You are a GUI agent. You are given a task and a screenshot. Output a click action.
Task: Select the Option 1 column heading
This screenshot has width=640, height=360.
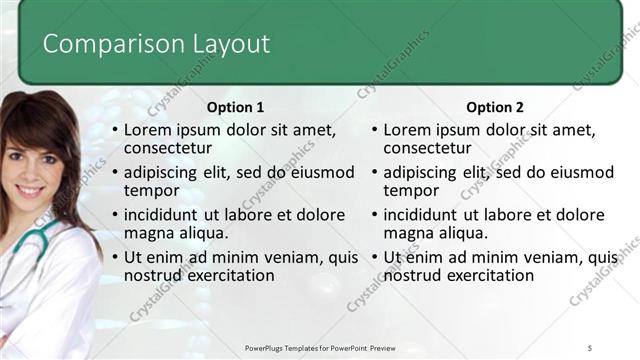click(235, 107)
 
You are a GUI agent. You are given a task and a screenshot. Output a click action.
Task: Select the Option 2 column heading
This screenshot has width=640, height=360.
click(494, 107)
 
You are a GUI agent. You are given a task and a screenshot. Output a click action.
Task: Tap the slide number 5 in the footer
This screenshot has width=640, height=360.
click(590, 346)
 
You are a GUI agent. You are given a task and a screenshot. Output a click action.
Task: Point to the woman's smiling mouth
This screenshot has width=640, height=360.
click(30, 190)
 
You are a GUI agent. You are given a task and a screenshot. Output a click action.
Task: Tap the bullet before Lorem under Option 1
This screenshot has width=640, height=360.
click(115, 131)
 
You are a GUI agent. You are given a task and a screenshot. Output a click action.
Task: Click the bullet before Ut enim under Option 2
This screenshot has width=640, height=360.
click(375, 258)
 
